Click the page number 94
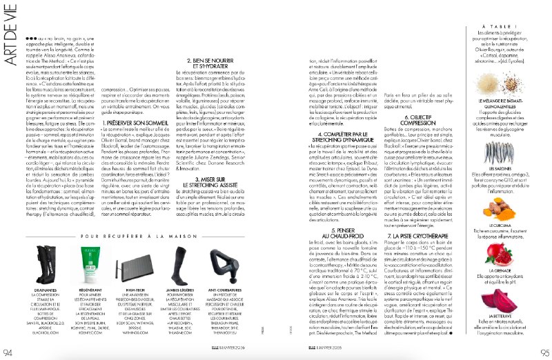(x=8, y=352)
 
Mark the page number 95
(x=543, y=352)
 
